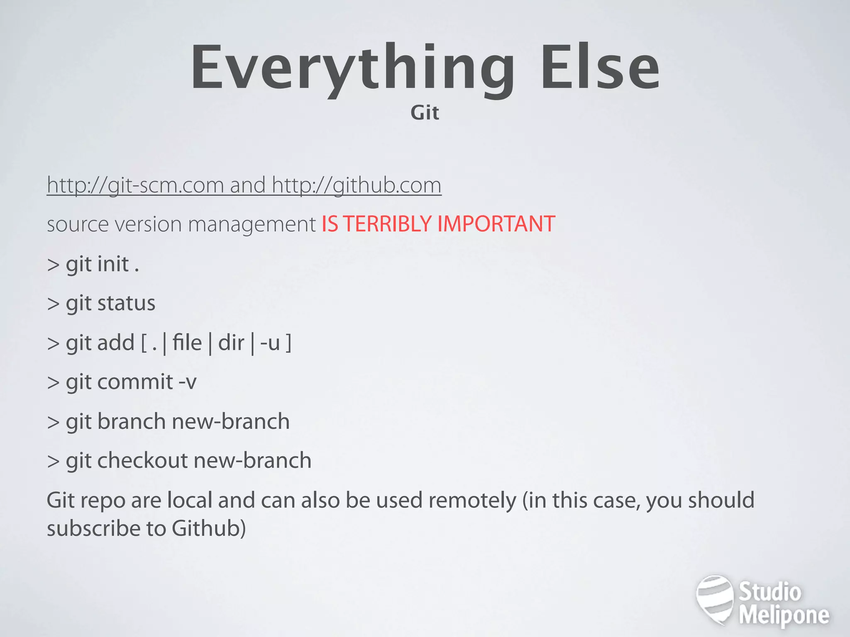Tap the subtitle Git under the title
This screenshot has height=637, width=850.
tap(425, 113)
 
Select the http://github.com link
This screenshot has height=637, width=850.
tap(357, 185)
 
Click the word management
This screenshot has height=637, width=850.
tap(252, 225)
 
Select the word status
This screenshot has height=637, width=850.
tap(126, 303)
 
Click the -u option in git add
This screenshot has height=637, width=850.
tap(270, 343)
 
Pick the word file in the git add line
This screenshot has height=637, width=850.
tap(187, 343)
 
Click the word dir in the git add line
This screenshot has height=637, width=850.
tap(231, 343)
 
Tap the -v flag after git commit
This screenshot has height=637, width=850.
tap(187, 382)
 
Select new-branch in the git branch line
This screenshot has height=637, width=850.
tap(230, 421)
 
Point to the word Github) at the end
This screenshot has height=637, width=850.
tap(209, 529)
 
